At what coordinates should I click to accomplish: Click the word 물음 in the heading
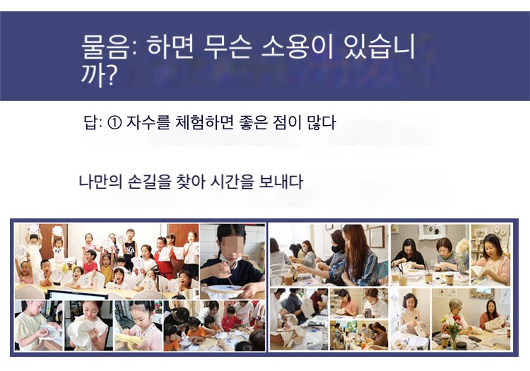105,47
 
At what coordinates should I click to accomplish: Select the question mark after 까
110,75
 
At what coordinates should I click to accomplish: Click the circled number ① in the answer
114,123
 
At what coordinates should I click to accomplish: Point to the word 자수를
148,122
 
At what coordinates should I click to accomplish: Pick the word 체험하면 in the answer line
204,122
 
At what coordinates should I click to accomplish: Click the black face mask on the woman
336,249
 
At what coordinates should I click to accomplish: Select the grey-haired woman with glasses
455,314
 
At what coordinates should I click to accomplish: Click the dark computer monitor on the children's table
78,295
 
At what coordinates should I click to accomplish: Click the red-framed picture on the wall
376,236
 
